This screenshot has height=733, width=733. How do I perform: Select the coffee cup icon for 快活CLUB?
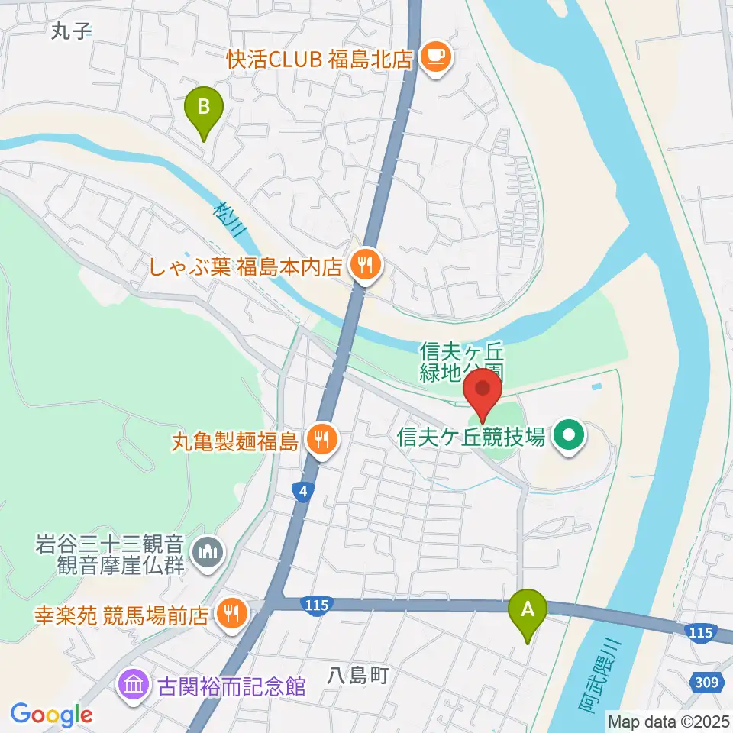click(436, 57)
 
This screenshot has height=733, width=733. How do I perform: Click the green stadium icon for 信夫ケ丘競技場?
click(569, 437)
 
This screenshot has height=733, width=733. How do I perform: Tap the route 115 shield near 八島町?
click(316, 605)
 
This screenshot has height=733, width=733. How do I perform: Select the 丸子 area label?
click(69, 31)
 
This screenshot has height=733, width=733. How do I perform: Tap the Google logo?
click(51, 715)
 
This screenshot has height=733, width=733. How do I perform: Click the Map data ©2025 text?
click(668, 720)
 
